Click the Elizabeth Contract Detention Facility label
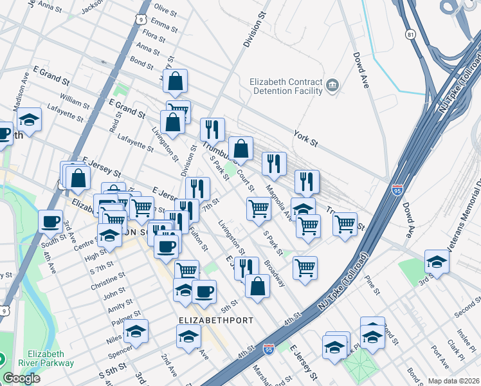click(x=286, y=86)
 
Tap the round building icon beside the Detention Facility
click(x=332, y=86)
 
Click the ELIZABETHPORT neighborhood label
click(x=215, y=320)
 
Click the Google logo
click(x=21, y=378)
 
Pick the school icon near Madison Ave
click(x=29, y=120)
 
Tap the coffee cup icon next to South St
click(x=50, y=221)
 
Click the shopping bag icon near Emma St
click(x=175, y=81)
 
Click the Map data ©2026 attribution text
click(x=453, y=381)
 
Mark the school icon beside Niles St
click(x=136, y=331)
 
